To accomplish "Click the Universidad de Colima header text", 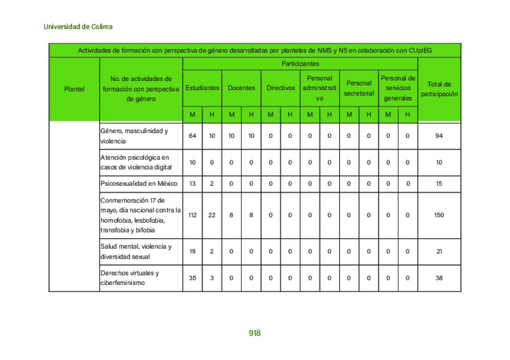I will click(78, 27).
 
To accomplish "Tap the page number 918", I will click(254, 333).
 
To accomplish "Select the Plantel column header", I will click(75, 89).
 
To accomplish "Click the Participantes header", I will click(300, 64).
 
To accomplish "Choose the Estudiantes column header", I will click(202, 88).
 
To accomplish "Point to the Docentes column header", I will click(241, 88).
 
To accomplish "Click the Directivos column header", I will click(281, 88).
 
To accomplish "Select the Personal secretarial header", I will click(359, 88).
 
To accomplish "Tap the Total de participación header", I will click(439, 89).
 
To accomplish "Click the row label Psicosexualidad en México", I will click(139, 184).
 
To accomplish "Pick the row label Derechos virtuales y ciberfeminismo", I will click(130, 278).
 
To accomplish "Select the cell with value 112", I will click(193, 215).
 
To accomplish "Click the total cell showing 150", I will click(439, 215).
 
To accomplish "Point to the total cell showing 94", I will click(439, 136).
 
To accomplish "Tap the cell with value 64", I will click(193, 136).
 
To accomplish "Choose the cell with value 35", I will click(193, 278).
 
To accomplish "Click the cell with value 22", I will click(212, 215).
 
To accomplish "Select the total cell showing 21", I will click(439, 252).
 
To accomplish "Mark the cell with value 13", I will click(193, 184).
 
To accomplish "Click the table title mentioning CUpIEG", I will click(254, 50).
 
